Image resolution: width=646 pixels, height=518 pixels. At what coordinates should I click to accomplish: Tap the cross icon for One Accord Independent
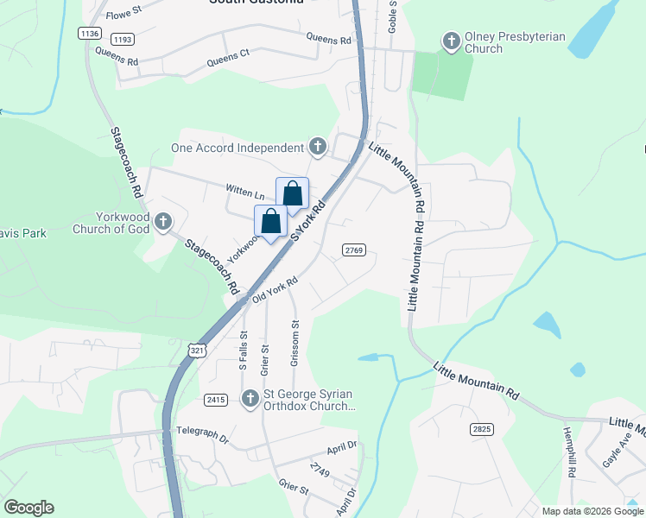(x=318, y=148)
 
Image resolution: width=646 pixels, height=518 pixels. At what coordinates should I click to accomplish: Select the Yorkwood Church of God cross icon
(x=162, y=224)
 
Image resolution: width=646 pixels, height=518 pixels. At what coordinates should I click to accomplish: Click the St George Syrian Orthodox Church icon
(x=250, y=399)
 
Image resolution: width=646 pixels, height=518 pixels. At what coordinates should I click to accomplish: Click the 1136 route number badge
(x=89, y=33)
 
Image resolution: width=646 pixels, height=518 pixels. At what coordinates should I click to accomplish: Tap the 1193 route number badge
(x=123, y=40)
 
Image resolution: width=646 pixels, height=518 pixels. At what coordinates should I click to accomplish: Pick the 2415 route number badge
(x=216, y=400)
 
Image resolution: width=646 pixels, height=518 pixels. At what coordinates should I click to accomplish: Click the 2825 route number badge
(x=483, y=429)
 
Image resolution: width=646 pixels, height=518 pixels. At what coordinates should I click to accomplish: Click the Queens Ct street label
(x=228, y=58)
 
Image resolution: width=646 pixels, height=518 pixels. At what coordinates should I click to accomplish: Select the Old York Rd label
(x=275, y=290)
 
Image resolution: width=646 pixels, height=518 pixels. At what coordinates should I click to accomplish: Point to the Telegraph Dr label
(x=202, y=433)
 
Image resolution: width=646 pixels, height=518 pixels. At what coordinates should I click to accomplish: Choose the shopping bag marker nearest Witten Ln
(x=292, y=194)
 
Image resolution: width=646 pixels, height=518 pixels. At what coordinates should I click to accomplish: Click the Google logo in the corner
(x=29, y=508)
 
